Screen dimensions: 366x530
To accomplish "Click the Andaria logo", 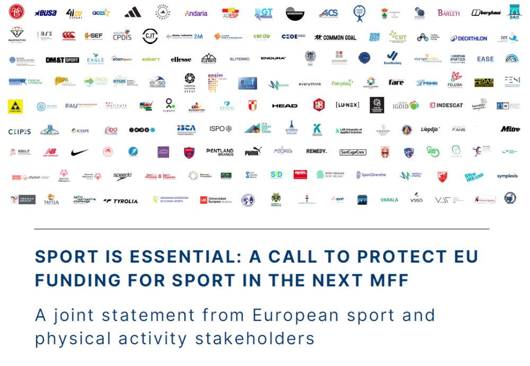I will pos(196,13).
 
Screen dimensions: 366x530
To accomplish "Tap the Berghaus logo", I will pos(486,12).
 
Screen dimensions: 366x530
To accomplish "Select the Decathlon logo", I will pos(469,38).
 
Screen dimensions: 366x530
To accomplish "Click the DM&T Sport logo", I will pos(62,60).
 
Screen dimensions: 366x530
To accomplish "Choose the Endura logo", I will pos(273,58).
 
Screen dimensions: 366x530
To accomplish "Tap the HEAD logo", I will pos(285,106).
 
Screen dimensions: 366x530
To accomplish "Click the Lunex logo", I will pos(347,105).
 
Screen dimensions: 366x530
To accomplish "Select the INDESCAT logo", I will pos(446,105).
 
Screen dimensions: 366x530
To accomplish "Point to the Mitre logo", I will pos(510,129).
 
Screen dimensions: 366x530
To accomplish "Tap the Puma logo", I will pos(253,152).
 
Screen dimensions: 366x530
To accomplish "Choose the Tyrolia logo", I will pos(121,201).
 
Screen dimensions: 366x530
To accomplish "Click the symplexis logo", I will pos(507,176).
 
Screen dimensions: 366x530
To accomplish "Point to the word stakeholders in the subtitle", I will pos(255,338).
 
